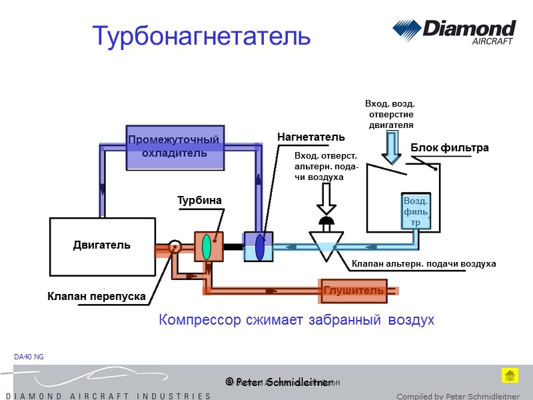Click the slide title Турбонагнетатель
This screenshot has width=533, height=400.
(201, 36)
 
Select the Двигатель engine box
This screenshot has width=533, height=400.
(103, 246)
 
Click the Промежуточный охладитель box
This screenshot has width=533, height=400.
(174, 147)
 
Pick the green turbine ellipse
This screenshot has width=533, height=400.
(207, 247)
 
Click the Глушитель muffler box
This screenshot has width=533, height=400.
(353, 290)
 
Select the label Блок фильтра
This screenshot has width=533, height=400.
(450, 148)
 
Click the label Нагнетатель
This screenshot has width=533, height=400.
(311, 137)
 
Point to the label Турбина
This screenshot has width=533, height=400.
(199, 200)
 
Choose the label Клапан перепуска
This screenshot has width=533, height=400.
(97, 296)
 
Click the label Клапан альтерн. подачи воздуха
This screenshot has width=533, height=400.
(424, 264)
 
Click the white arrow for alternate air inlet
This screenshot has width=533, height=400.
(326, 198)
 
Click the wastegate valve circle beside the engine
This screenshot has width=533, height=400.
(175, 247)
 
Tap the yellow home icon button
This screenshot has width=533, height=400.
(510, 375)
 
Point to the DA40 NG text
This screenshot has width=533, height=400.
(29, 357)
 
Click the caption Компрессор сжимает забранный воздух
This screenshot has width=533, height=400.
(296, 321)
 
